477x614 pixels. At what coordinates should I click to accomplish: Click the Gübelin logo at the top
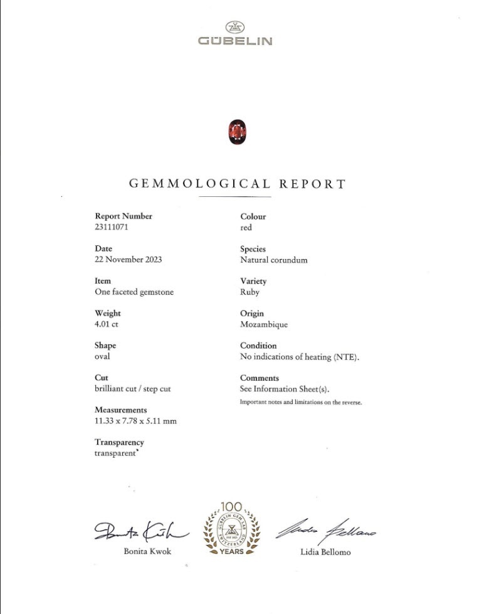click(x=235, y=34)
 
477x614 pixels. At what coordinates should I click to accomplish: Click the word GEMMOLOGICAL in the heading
click(x=200, y=184)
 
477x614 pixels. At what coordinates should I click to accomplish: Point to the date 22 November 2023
click(x=128, y=260)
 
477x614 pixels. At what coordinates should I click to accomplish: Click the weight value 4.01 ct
click(x=107, y=324)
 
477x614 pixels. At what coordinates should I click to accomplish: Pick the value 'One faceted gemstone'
click(x=134, y=292)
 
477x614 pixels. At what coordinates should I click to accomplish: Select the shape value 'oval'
click(x=102, y=356)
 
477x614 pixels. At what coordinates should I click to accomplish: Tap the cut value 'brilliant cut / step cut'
click(x=132, y=389)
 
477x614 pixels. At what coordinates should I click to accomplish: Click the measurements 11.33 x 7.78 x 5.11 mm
click(x=135, y=421)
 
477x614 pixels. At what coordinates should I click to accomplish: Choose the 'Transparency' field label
click(x=119, y=442)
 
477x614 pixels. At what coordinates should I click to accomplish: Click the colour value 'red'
click(x=246, y=228)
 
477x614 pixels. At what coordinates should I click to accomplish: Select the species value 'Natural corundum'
click(x=273, y=260)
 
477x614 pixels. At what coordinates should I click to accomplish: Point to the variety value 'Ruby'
click(x=249, y=292)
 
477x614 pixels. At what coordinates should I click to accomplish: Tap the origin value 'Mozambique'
click(x=264, y=324)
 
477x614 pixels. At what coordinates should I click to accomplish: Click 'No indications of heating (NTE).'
click(x=299, y=356)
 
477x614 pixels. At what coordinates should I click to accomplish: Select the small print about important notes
click(x=301, y=402)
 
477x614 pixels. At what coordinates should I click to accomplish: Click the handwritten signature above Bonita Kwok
click(x=140, y=532)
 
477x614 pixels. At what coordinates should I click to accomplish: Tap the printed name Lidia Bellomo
click(x=326, y=552)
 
